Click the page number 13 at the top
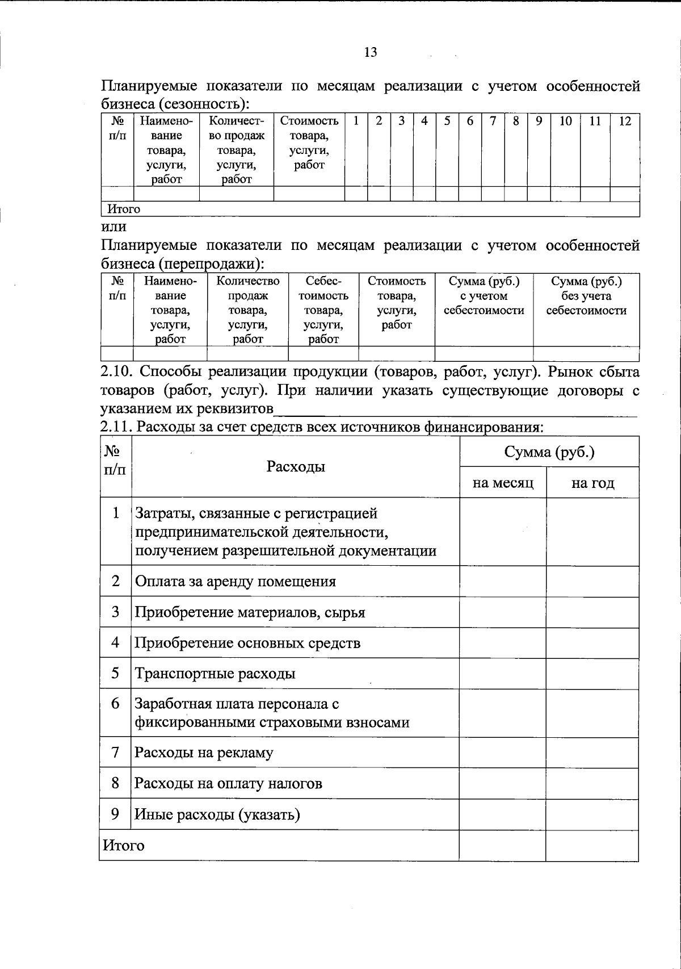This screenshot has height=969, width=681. pyautogui.click(x=370, y=53)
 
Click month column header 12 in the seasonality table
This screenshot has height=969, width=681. pyautogui.click(x=625, y=121)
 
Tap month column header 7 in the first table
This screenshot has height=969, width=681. pyautogui.click(x=493, y=121)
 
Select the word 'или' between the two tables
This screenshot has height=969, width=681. pyautogui.click(x=113, y=227)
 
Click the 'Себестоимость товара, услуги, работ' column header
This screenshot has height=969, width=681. pyautogui.click(x=323, y=310)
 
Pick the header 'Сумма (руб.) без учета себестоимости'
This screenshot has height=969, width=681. pyautogui.click(x=586, y=296)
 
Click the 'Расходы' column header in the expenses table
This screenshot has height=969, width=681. pyautogui.click(x=296, y=467)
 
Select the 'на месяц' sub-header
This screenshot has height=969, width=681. pyautogui.click(x=503, y=483)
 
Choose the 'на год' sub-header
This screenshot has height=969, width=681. pyautogui.click(x=592, y=483)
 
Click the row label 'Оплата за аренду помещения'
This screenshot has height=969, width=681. pyautogui.click(x=235, y=582)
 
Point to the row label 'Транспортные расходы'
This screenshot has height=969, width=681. pyautogui.click(x=215, y=674)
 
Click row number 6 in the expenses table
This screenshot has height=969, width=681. pyautogui.click(x=116, y=704)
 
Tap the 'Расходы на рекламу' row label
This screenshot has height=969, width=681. pyautogui.click(x=204, y=753)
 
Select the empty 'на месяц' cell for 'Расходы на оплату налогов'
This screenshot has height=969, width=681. pyautogui.click(x=503, y=784)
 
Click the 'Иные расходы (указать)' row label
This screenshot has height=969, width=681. pyautogui.click(x=217, y=815)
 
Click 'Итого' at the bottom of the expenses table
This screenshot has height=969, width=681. pyautogui.click(x=123, y=846)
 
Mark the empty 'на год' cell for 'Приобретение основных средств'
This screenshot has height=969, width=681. pyautogui.click(x=592, y=643)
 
